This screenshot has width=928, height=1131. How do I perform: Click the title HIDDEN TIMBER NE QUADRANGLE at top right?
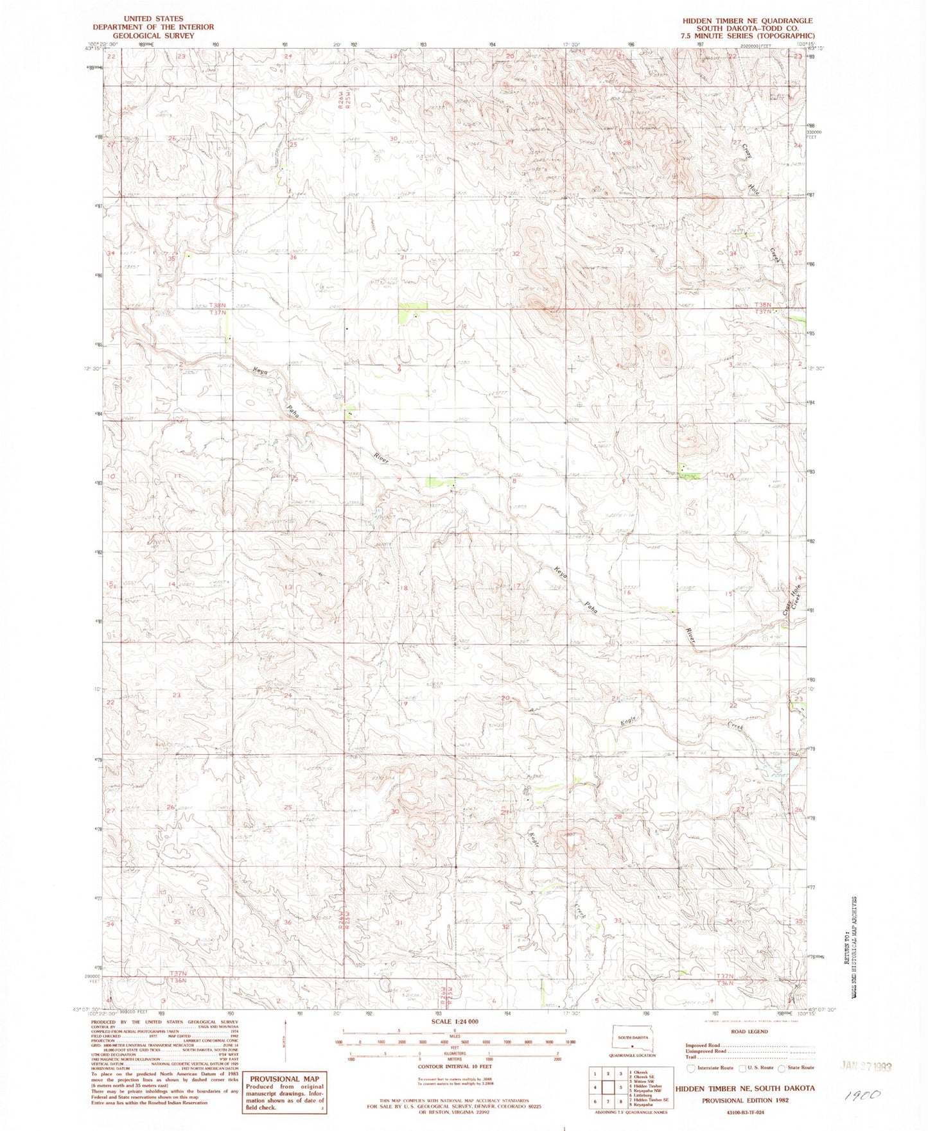739,21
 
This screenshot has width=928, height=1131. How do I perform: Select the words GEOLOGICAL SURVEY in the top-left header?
153,36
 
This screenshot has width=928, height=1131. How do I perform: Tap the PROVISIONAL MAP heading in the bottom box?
284,1079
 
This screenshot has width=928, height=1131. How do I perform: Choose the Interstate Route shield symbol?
691,1068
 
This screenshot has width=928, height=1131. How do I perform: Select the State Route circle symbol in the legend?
782,1068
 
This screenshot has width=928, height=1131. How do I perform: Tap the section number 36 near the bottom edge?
287,922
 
